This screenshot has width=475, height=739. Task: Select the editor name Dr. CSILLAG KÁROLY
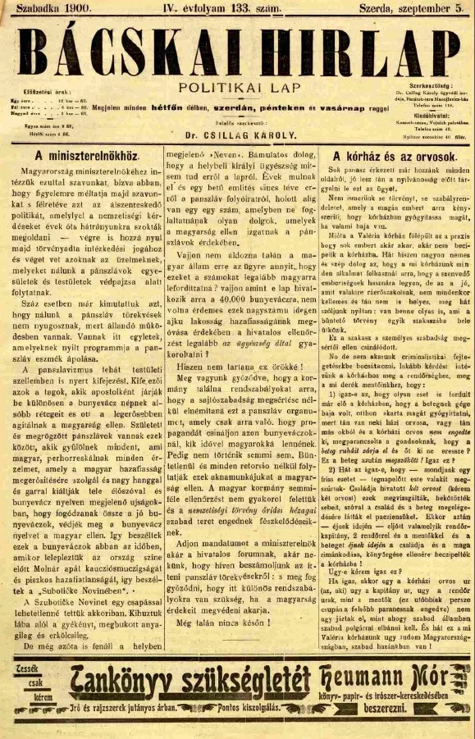click(241, 133)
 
